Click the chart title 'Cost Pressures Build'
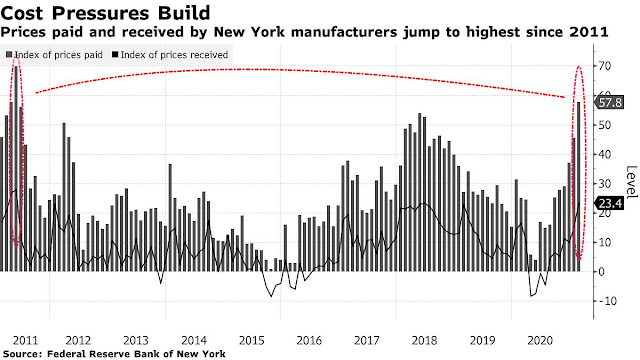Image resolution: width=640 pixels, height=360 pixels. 105,13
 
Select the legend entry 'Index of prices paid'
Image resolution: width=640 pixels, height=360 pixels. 54,55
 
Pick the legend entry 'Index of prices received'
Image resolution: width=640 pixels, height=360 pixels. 170,55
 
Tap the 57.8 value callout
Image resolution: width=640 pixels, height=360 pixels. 610,102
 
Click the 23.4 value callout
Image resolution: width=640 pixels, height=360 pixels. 610,203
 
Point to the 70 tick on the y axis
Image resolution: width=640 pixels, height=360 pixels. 604,66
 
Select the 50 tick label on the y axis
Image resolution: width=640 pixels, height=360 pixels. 604,125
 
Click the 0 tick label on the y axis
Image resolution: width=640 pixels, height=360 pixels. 602,271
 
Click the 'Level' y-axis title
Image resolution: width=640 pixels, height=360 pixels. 631,181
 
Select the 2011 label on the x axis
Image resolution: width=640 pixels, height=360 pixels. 25,340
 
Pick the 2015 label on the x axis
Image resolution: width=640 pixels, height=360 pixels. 251,340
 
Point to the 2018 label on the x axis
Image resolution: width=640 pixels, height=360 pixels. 424,340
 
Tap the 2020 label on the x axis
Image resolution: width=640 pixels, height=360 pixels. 540,340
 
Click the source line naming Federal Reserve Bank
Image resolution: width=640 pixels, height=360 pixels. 114,353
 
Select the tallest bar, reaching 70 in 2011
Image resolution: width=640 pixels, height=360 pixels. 16,168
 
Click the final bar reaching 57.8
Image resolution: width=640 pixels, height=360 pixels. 578,187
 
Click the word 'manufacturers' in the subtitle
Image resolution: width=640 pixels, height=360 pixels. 344,32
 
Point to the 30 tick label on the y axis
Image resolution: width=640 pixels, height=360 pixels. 604,184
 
